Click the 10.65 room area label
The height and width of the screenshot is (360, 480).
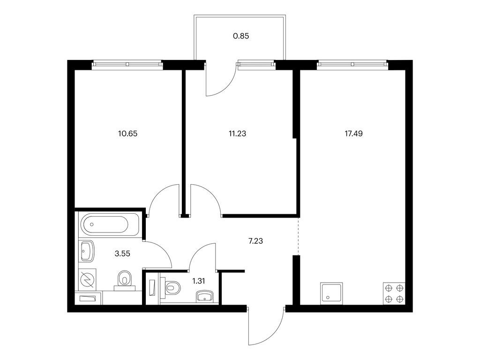pos(127,134)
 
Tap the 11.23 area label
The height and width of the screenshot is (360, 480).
pos(237,134)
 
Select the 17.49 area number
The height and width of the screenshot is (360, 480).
pos(353,134)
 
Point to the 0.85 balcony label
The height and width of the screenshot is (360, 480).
pos(241,36)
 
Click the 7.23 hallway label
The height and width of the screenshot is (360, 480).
pos(255,241)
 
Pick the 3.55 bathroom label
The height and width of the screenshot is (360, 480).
pos(122,254)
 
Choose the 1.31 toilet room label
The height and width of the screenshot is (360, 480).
pos(199,281)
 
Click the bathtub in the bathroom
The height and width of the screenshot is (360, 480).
pos(109,225)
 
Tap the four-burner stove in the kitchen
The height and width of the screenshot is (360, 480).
pos(394,293)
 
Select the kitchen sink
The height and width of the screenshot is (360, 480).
pos(331,293)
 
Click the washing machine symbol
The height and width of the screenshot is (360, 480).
pos(88,279)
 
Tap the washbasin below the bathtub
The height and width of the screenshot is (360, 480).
pos(87,251)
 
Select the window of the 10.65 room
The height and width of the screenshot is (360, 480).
pos(127,64)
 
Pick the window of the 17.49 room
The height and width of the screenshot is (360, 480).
pos(352,64)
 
